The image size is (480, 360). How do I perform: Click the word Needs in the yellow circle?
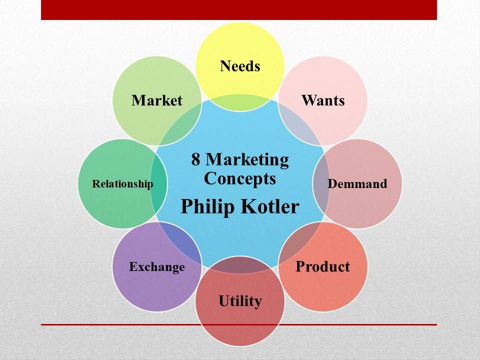(x=240, y=66)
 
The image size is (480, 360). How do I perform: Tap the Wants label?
(x=323, y=100)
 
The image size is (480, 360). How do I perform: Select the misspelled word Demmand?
(x=357, y=183)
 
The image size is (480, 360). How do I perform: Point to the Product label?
(x=322, y=266)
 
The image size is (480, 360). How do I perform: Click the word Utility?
(x=240, y=301)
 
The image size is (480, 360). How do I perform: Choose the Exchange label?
(x=156, y=267)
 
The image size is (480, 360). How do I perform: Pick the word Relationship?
(x=122, y=184)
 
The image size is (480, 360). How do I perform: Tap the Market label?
(x=157, y=100)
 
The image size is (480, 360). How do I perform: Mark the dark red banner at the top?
(x=239, y=10)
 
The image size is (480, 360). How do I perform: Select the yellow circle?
(x=240, y=45)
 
